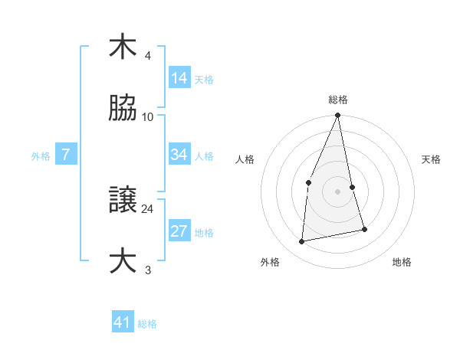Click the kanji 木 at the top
coord(123,47)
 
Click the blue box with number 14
coord(179,78)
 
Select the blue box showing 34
coord(179,155)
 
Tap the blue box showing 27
coord(179,232)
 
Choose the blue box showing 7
coord(67,155)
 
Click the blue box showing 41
coord(123,323)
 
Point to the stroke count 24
coord(148,208)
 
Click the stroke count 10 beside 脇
coord(148,116)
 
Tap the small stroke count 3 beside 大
coord(148,270)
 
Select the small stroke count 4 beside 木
coord(148,56)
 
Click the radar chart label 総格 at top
coord(338,100)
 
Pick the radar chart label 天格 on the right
coord(432,159)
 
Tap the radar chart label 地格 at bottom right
coord(402,262)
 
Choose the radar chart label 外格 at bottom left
coord(270,262)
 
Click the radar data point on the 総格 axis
coord(338,116)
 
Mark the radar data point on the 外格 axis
coord(302,242)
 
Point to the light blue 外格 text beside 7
coord(41,155)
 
